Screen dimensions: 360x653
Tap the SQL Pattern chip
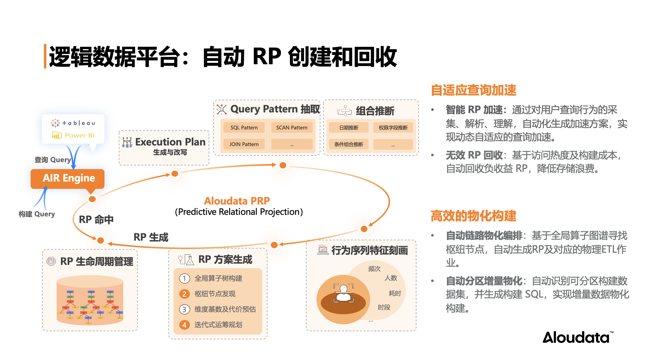coord(244,128)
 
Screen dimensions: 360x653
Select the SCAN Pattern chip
coord(292,128)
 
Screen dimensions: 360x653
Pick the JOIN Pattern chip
coord(244,144)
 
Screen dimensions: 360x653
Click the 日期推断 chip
coord(349,128)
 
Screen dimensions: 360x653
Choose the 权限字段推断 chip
coord(393,128)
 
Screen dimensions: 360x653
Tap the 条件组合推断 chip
coord(349,144)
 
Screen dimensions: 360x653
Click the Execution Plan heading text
coord(170,142)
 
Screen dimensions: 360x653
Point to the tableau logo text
coord(79,123)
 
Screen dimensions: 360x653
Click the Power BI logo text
coord(79,135)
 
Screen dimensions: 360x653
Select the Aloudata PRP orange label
coord(237,201)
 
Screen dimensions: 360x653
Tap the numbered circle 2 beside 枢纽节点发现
coord(184,294)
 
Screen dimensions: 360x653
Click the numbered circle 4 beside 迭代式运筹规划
coord(184,325)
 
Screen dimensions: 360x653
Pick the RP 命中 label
coord(96,219)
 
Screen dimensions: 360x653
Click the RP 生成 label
coord(151,237)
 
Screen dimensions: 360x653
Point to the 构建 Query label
coord(37,214)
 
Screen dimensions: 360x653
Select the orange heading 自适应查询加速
coord(473,90)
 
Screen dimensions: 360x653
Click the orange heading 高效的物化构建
coord(473,216)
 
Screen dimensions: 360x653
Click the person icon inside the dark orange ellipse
coord(343,293)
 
